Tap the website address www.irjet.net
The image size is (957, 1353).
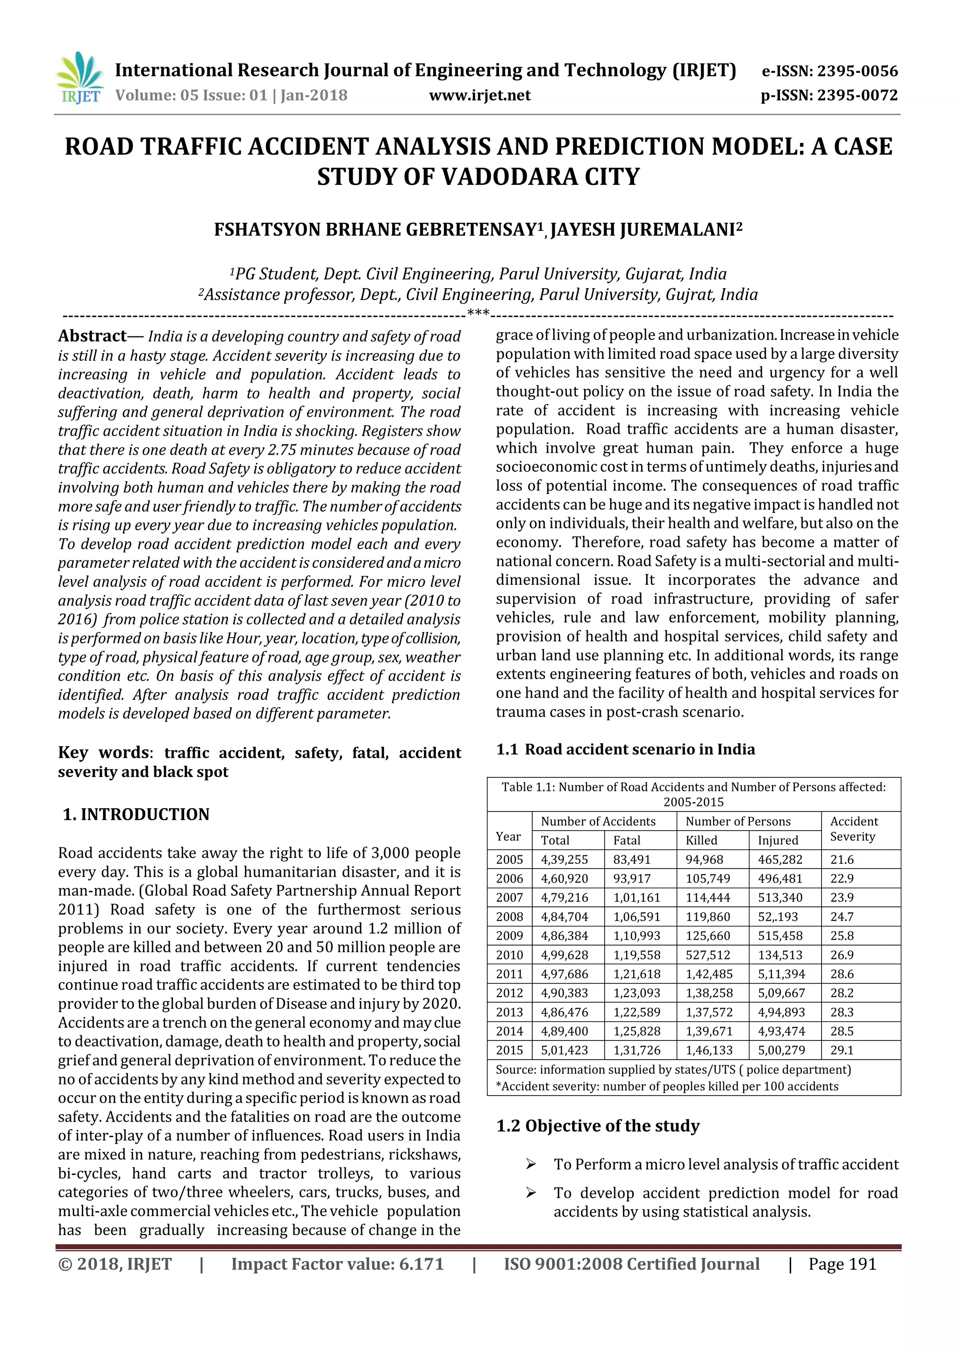480,95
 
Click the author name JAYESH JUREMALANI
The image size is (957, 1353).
646,229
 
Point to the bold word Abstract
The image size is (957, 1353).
92,336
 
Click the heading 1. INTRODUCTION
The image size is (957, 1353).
136,814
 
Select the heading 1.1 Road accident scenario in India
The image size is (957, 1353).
625,749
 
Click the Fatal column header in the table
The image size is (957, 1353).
627,840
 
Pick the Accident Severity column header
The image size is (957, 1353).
853,829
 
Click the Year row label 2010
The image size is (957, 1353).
509,954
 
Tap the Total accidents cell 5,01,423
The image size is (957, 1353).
564,1050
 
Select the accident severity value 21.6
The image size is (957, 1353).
842,860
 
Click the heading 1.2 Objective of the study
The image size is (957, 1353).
598,1125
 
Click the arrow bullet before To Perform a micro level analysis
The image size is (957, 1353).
530,1164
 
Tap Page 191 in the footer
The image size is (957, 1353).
842,1264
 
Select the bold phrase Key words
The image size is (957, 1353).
103,753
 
